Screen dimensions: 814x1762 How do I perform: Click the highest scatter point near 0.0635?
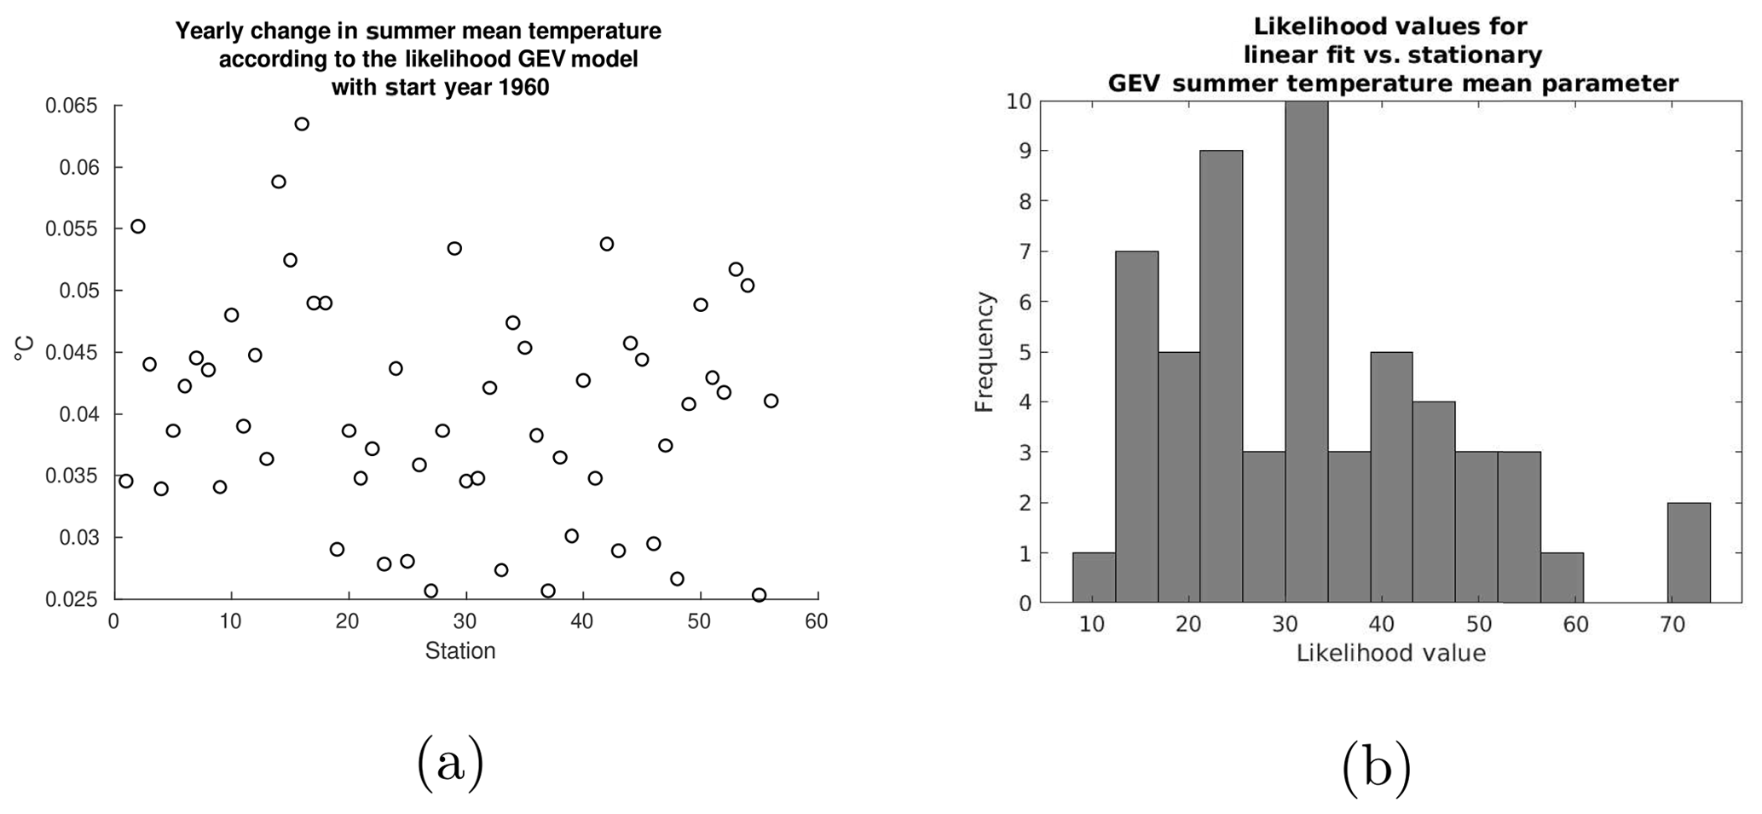[302, 124]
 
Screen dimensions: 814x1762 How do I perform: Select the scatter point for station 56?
[771, 401]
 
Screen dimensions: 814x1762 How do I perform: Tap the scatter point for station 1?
[126, 481]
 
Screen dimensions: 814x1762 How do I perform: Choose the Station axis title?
[460, 652]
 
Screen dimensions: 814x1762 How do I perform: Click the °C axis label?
[25, 349]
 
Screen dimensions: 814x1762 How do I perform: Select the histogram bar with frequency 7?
[1136, 426]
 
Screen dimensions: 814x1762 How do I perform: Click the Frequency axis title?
[985, 351]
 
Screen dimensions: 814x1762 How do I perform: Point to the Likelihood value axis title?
[1391, 654]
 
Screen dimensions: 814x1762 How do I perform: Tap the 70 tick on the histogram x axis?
[1672, 626]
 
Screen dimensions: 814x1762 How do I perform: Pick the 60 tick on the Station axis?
[817, 622]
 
